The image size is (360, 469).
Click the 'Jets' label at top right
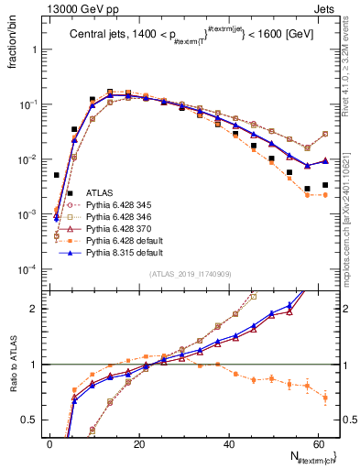click(326, 8)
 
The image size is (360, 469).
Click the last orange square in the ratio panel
click(325, 398)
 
